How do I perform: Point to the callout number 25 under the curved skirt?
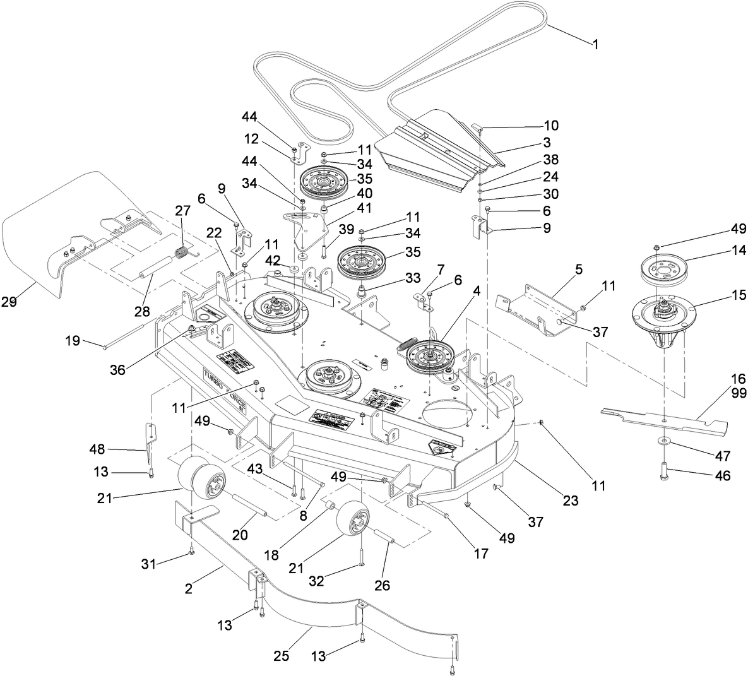pyautogui.click(x=282, y=656)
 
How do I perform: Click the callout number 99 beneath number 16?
pyautogui.click(x=737, y=393)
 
